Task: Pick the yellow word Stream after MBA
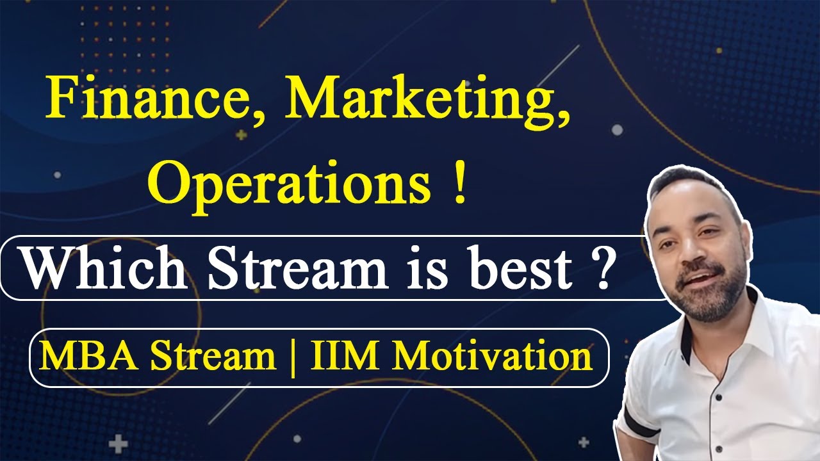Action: [213, 357]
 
